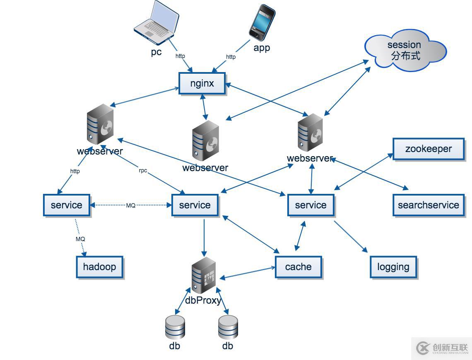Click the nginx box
(x=202, y=83)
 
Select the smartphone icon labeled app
(x=262, y=22)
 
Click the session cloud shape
(x=405, y=50)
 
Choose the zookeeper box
(x=428, y=149)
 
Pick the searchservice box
(x=428, y=205)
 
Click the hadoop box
(x=99, y=266)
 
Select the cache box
(x=298, y=266)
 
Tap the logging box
(x=393, y=267)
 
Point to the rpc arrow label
(x=143, y=171)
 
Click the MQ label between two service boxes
(x=131, y=205)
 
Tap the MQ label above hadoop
(x=80, y=239)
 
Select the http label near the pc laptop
(x=180, y=56)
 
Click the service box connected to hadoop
(x=66, y=205)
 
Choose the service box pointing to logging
(x=311, y=205)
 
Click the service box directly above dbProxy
(x=195, y=205)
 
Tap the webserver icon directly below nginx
(x=205, y=141)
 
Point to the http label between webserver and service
(x=75, y=171)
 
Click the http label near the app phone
(x=231, y=57)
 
